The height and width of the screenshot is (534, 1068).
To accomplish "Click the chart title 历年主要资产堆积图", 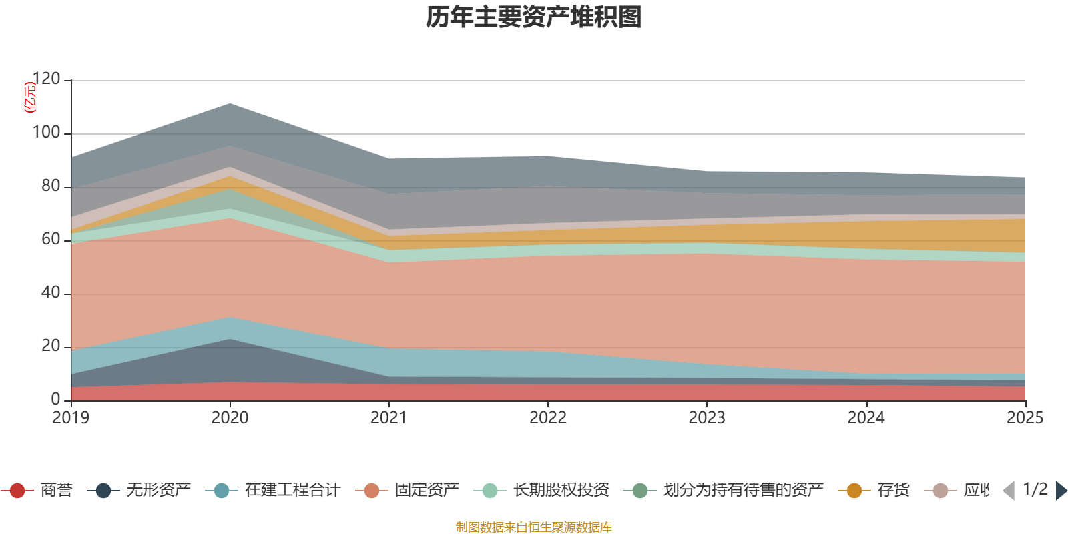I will click(534, 17).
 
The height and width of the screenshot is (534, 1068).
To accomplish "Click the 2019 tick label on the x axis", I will click(71, 418).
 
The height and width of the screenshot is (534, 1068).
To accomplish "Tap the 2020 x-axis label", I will click(230, 418).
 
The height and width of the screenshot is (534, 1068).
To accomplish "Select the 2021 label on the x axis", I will click(388, 418).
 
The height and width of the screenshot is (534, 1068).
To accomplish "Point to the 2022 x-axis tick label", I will click(547, 418).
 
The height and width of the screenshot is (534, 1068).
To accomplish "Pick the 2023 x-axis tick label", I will click(707, 418).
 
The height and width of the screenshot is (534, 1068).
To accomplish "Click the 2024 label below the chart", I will click(866, 418).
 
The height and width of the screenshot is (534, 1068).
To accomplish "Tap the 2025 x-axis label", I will click(1025, 418).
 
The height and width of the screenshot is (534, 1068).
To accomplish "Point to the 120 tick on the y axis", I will click(46, 79).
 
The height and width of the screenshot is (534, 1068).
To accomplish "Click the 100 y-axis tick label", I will click(46, 133).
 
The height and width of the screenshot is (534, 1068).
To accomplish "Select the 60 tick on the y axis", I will click(51, 240).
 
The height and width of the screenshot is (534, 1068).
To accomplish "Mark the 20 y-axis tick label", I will click(51, 346).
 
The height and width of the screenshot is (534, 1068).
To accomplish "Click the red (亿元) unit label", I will click(29, 97).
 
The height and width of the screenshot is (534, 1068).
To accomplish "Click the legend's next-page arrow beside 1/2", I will click(1061, 491).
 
